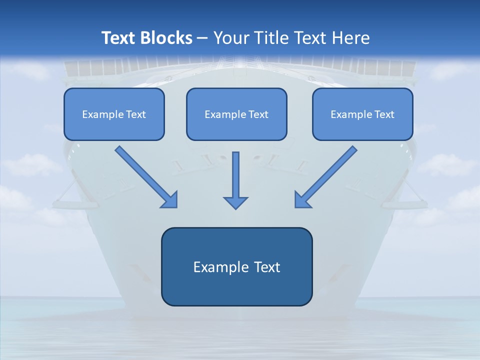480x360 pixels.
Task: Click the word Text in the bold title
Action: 120,38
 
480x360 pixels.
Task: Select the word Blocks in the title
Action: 167,38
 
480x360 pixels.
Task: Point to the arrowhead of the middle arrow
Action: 235,202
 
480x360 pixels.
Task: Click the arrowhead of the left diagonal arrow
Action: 170,200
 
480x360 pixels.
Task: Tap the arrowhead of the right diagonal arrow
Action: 301,200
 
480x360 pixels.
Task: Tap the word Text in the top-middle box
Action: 258,114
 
